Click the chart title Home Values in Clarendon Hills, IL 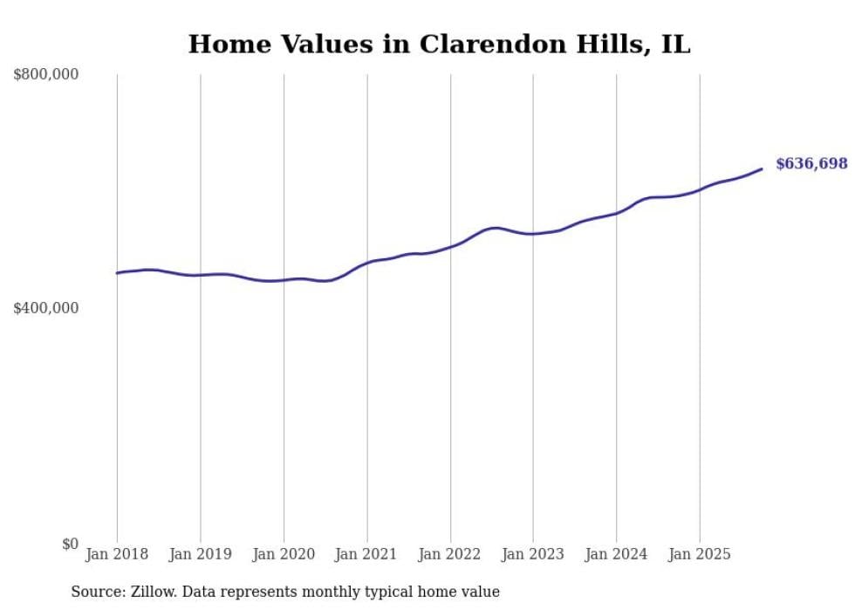[x=439, y=44]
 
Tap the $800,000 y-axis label [x=45, y=75]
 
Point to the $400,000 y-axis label [x=45, y=308]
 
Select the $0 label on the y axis [x=70, y=544]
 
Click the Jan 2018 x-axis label [x=117, y=554]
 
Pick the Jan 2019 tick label [x=200, y=554]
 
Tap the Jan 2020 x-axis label [x=284, y=554]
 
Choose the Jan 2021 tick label [x=366, y=554]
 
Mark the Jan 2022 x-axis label [x=450, y=554]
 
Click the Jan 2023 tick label [x=533, y=554]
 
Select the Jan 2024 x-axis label [x=616, y=554]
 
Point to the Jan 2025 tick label [x=700, y=554]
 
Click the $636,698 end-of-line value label [x=811, y=164]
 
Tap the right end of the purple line [x=762, y=168]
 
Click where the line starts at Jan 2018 [x=118, y=273]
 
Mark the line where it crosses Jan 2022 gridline [x=450, y=246]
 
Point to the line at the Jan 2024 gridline [x=617, y=212]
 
